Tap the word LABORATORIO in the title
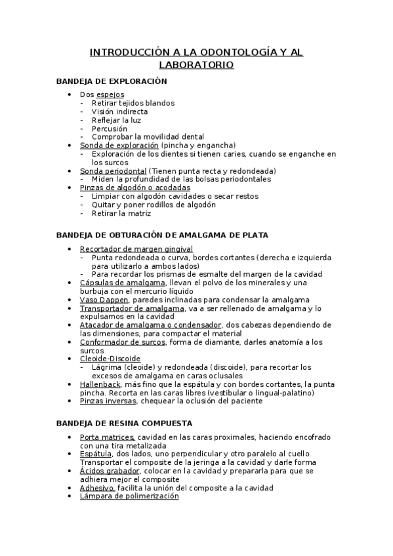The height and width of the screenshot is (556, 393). [x=197, y=65]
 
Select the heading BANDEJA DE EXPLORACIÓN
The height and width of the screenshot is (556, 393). [x=112, y=81]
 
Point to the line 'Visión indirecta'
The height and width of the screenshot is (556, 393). [x=120, y=111]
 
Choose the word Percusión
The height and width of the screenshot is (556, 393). [x=110, y=129]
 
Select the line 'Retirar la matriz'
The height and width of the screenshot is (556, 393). [x=121, y=213]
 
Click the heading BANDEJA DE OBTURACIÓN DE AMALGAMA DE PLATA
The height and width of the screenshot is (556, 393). [x=162, y=235]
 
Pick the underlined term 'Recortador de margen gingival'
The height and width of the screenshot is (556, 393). [x=136, y=248]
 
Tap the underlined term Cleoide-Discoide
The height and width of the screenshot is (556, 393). [x=110, y=359]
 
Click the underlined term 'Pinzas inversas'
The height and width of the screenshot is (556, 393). [x=108, y=401]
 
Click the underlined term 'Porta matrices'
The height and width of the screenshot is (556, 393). [x=108, y=437]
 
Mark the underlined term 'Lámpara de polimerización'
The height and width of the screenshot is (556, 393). [x=129, y=496]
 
